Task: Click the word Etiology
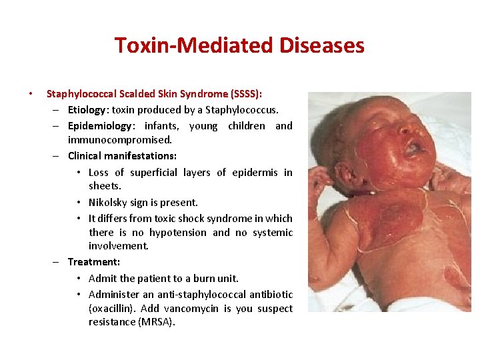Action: [87, 109]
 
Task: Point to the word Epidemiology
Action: [100, 125]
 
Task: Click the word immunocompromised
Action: [119, 140]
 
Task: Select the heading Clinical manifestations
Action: [122, 156]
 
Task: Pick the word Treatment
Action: [93, 262]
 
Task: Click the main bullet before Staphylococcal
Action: [29, 95]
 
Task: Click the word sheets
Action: [105, 187]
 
